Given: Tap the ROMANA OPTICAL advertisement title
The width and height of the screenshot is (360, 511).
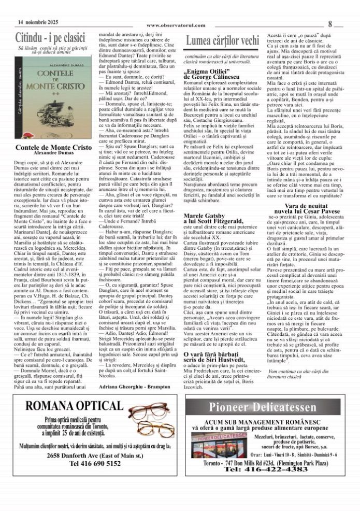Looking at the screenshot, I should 74,406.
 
